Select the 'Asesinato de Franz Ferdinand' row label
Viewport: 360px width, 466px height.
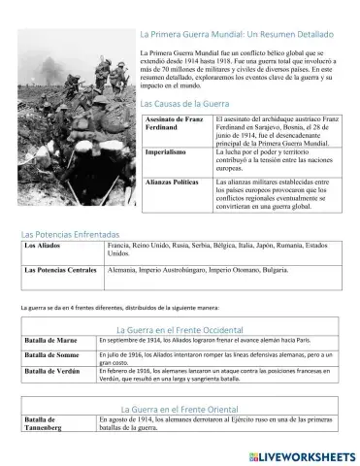click(x=173, y=123)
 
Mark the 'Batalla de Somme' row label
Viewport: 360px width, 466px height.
click(x=52, y=357)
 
